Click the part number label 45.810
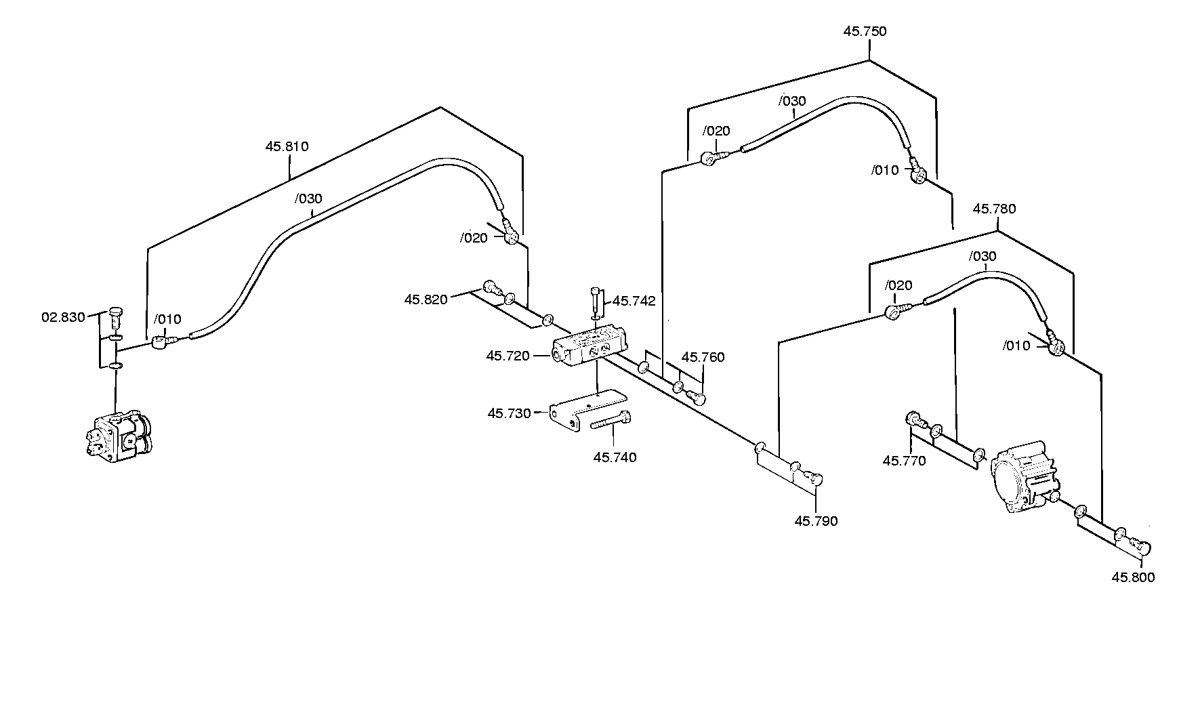coord(287,146)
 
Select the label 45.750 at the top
coord(865,31)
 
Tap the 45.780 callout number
coord(994,209)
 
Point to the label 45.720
coord(508,356)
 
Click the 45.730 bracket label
coord(509,413)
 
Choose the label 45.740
coord(615,457)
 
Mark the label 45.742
coord(634,301)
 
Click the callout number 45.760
coord(703,357)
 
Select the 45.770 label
coord(904,461)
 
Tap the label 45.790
coord(816,521)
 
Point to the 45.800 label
coord(1133,577)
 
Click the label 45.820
coord(426,299)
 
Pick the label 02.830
coord(63,317)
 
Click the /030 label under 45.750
coord(793,101)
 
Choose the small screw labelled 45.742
coord(595,302)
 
